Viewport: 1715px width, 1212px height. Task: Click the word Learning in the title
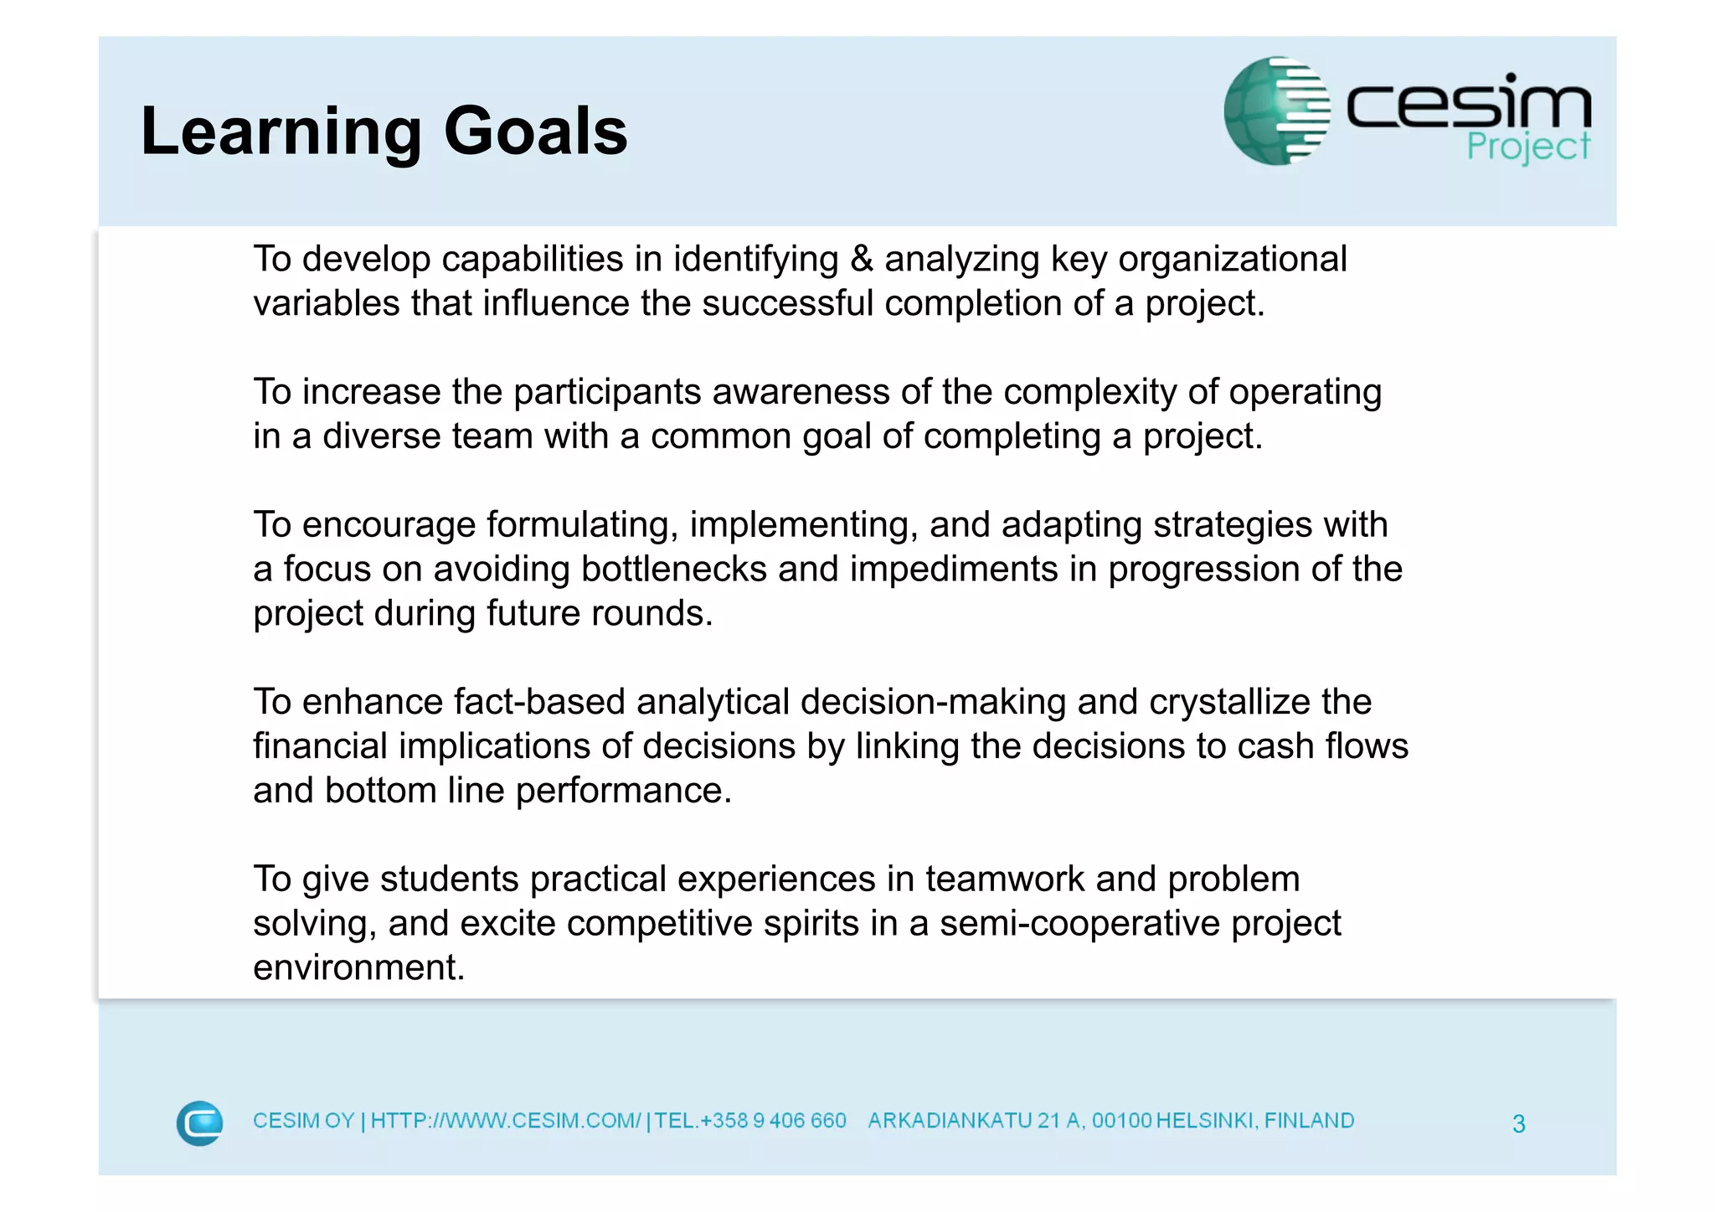click(x=281, y=132)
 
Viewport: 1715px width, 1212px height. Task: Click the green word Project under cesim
click(x=1527, y=147)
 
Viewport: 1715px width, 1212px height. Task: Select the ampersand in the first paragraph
click(x=861, y=259)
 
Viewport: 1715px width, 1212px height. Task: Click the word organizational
click(x=1232, y=259)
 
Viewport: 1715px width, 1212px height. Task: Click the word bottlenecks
click(x=673, y=570)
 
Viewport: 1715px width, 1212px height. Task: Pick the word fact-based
click(x=539, y=702)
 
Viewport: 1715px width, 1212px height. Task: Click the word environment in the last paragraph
click(x=358, y=967)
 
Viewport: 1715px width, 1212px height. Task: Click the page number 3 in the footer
click(x=1518, y=1123)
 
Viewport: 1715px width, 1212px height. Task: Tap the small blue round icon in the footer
click(x=199, y=1122)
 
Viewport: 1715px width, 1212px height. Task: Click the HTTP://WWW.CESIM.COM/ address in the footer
click(x=506, y=1121)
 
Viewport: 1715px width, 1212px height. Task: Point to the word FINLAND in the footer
click(x=1309, y=1121)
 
